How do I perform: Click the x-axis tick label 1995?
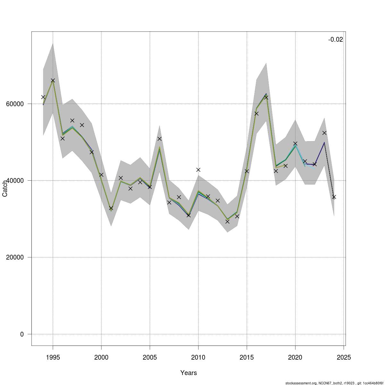53,357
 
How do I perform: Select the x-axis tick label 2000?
101,357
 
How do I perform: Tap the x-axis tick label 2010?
198,357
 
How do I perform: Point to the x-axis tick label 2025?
344,357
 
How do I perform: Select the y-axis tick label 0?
22,334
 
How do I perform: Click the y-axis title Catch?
5,189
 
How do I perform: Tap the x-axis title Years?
189,373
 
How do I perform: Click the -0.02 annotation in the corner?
335,40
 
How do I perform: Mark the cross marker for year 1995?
53,81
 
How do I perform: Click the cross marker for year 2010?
198,170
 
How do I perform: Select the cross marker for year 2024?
334,197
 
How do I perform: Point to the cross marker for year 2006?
159,139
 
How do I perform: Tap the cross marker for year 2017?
266,97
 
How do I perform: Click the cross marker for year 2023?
324,133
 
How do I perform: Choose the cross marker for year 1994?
43,97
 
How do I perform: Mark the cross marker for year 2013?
227,221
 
